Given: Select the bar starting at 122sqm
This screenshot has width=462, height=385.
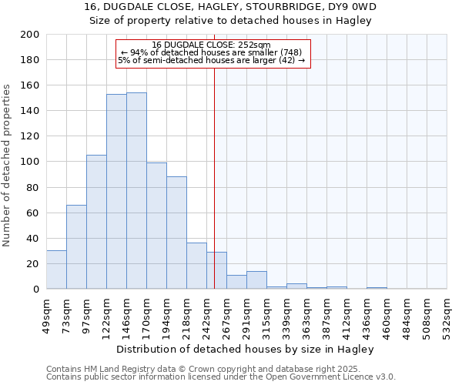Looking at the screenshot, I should click(x=116, y=192).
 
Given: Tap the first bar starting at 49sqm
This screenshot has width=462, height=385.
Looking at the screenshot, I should click(x=56, y=269).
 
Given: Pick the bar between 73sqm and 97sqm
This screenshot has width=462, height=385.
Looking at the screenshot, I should click(x=76, y=247).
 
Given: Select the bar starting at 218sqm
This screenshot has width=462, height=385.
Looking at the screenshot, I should click(x=196, y=266).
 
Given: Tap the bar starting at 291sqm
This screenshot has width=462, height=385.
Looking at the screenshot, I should click(x=256, y=280).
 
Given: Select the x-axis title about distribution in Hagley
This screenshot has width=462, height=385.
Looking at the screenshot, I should click(x=246, y=349).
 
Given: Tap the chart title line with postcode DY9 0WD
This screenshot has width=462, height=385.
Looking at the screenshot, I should click(x=231, y=7).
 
